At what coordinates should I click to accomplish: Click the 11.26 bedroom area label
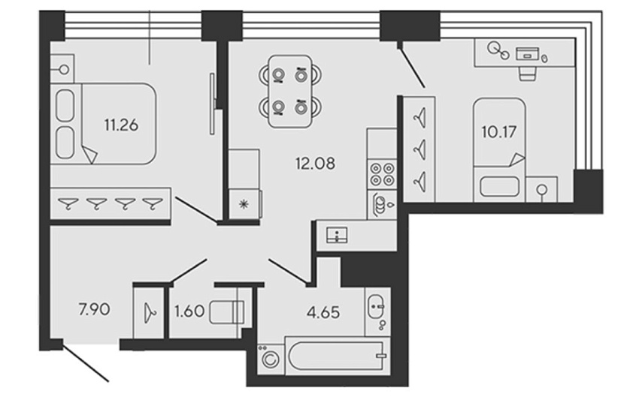[121, 125]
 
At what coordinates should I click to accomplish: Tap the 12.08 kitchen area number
[315, 164]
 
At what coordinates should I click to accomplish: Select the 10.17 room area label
[499, 132]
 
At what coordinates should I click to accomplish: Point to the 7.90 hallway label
[94, 309]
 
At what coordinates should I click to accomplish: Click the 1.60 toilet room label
[189, 311]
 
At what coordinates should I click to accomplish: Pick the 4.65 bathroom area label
[323, 312]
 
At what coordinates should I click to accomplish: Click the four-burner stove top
[382, 174]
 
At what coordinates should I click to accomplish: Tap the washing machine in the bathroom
[269, 359]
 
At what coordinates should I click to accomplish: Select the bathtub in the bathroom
[336, 356]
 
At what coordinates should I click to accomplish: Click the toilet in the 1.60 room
[227, 312]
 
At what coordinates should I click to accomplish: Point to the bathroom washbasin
[376, 306]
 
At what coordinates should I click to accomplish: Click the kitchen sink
[338, 236]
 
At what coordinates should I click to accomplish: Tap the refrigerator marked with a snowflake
[244, 204]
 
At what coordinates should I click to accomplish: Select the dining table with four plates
[290, 92]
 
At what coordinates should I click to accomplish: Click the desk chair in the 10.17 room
[527, 74]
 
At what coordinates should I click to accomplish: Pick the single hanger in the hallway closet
[150, 313]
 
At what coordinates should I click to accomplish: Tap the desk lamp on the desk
[498, 50]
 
